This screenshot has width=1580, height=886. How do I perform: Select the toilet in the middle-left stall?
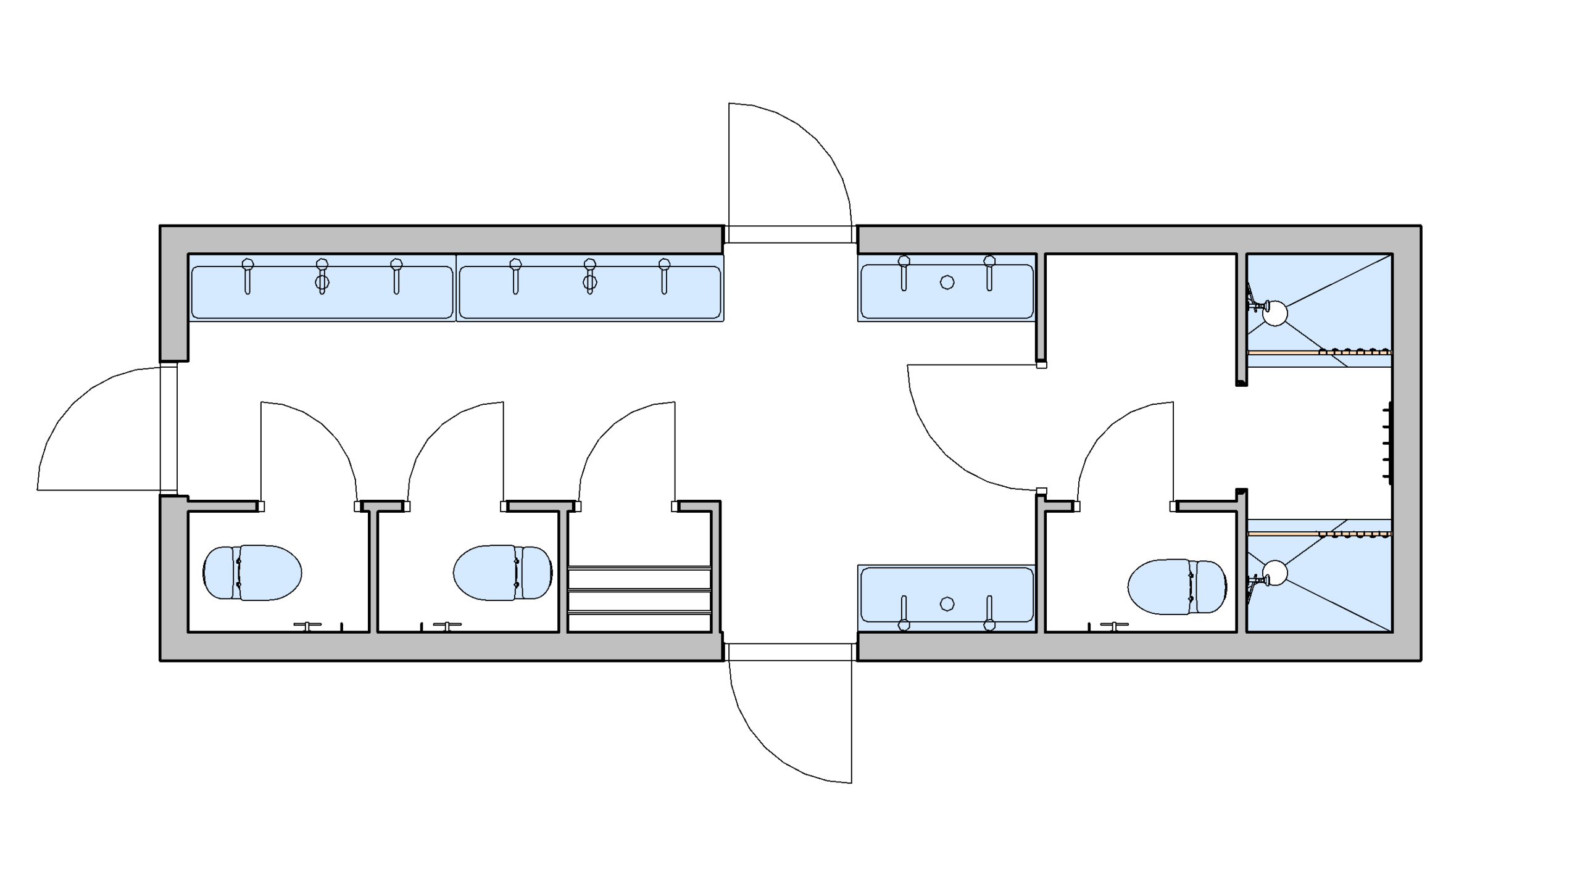502,573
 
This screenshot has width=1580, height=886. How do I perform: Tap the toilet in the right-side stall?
1176,587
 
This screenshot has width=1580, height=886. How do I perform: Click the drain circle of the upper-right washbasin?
947,283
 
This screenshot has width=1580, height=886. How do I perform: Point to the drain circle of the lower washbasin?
947,604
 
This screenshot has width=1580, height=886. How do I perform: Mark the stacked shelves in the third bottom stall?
639,590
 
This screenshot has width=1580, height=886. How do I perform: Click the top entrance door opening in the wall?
790,234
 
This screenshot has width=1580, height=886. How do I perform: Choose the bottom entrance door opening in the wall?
790,652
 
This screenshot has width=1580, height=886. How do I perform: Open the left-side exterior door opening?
168,428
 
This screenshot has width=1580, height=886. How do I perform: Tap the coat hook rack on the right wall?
1388,443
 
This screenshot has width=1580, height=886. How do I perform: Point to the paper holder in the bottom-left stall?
307,626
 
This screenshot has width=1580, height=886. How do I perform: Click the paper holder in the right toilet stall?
1114,626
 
